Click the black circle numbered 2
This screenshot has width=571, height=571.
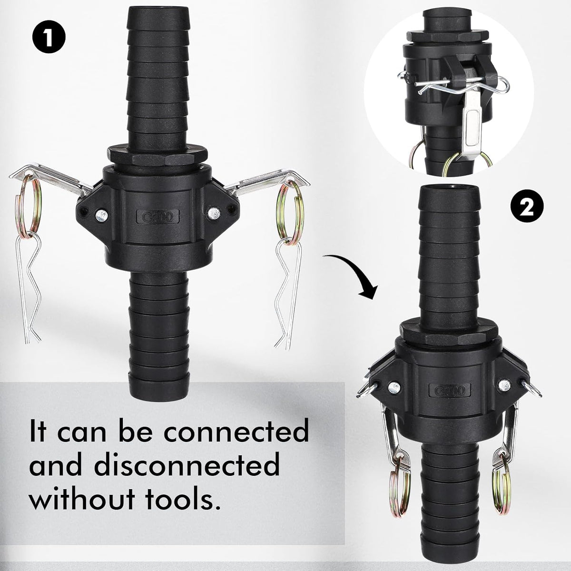[527, 206]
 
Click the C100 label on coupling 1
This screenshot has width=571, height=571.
[158, 217]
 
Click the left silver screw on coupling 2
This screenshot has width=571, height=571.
[394, 386]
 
